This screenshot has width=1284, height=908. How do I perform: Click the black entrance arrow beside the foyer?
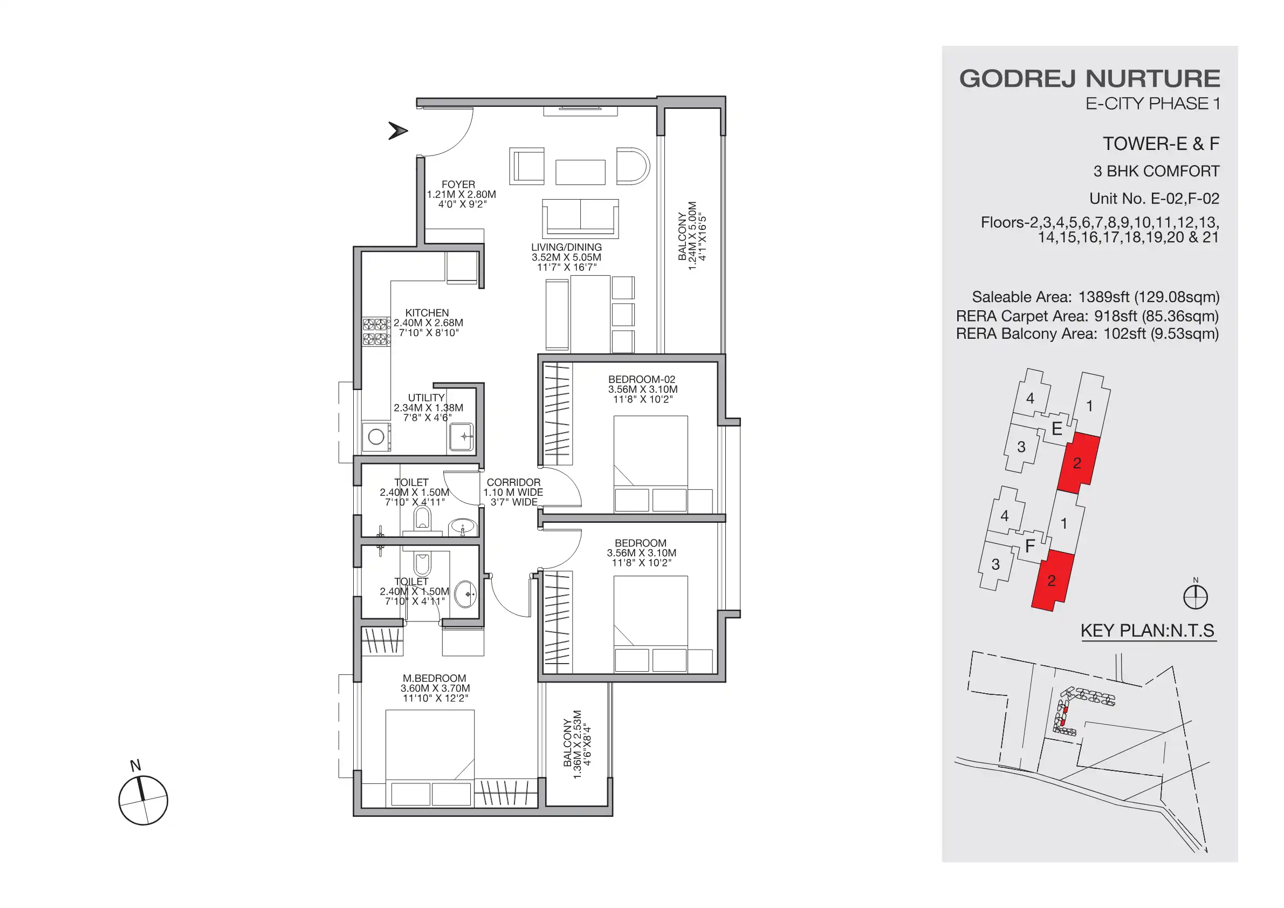(x=397, y=131)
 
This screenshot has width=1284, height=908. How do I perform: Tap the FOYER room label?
(x=458, y=185)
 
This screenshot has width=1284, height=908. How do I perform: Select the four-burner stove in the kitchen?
(x=376, y=331)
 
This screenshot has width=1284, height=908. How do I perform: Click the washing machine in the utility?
(x=376, y=437)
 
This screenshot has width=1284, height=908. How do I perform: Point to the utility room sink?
(x=463, y=437)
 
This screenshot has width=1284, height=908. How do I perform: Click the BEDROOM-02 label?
(x=641, y=379)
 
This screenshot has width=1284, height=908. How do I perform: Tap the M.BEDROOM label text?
(x=434, y=678)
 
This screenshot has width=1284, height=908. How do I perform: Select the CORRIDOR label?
(x=513, y=482)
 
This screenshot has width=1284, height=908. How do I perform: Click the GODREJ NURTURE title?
(x=1089, y=79)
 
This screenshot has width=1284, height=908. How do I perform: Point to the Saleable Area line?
(x=1095, y=297)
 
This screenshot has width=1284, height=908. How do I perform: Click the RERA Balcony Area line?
(x=1087, y=334)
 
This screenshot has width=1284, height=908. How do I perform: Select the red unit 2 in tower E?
(x=1077, y=463)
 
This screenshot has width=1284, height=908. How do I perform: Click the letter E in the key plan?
(x=1056, y=429)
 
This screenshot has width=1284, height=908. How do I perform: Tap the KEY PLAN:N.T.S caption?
(x=1147, y=631)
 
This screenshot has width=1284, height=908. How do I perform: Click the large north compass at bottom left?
(x=143, y=800)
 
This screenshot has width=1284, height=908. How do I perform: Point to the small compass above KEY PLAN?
(x=1195, y=596)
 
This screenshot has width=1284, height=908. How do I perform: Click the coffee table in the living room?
(x=580, y=172)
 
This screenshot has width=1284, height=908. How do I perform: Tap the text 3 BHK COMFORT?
(x=1156, y=171)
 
